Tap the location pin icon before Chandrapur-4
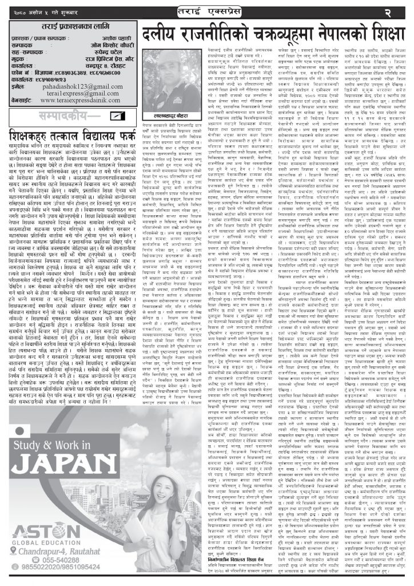(15, 551)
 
